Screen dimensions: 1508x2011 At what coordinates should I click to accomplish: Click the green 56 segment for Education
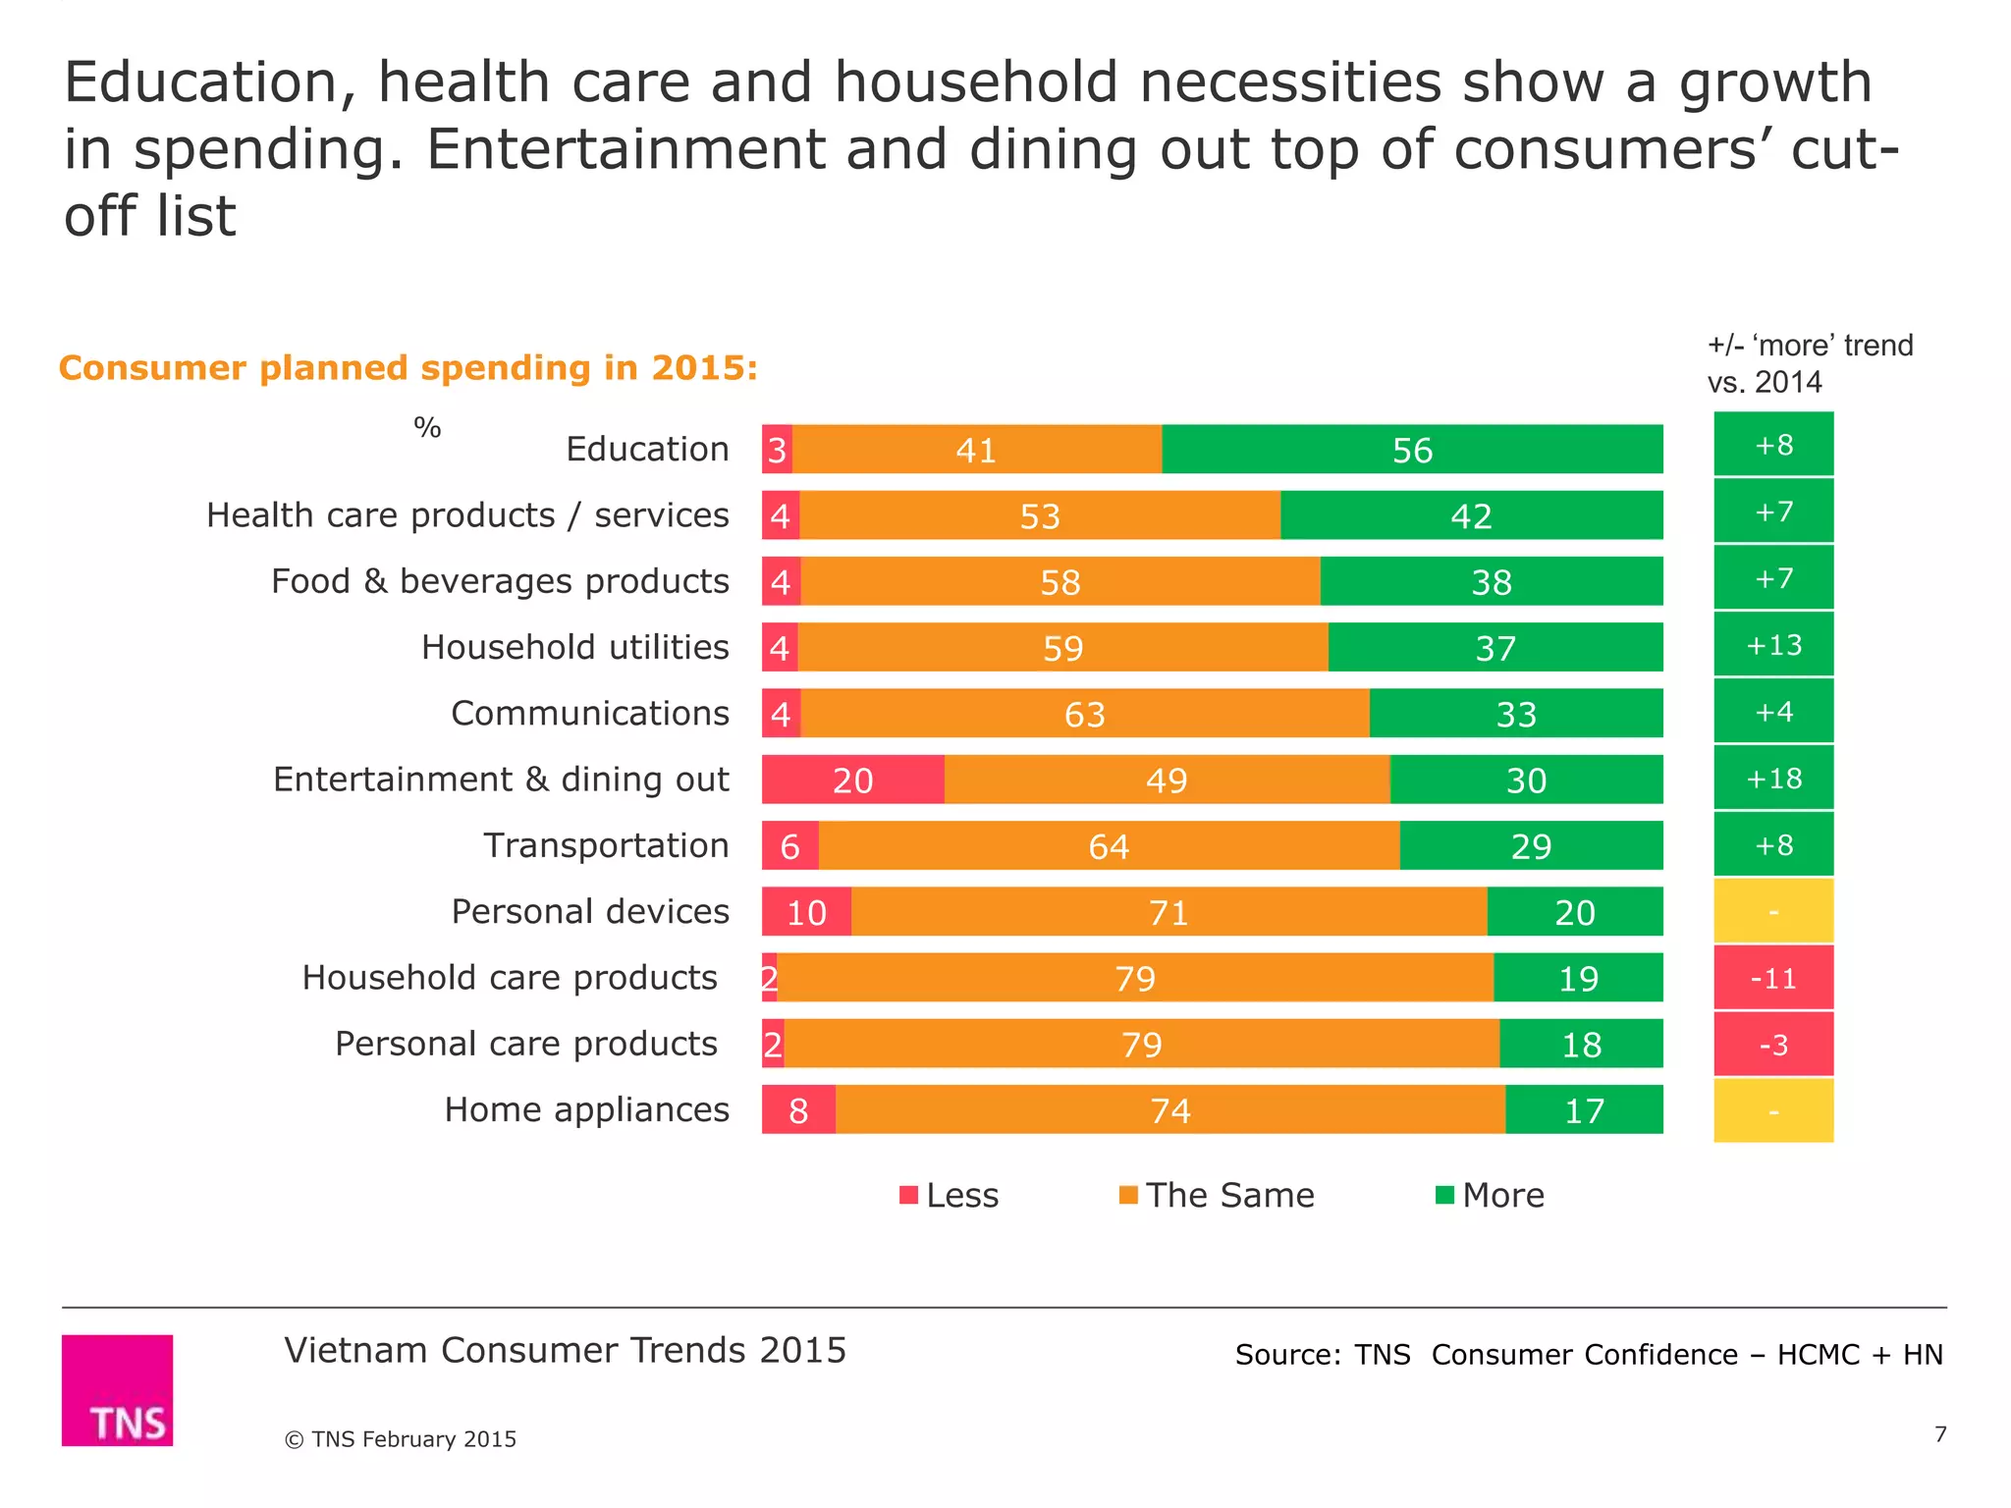[1412, 450]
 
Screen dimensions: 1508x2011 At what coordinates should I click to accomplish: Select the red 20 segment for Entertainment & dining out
[852, 780]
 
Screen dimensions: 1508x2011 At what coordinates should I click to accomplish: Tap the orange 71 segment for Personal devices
[1169, 912]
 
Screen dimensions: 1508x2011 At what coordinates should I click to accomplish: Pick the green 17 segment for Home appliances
[1584, 1110]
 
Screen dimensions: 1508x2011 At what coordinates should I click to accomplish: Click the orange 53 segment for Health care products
[1040, 515]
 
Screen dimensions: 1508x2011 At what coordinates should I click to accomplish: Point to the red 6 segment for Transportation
[789, 846]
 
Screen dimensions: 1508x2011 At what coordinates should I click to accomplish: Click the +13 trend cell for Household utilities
[1773, 645]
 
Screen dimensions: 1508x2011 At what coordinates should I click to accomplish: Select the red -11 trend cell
[1773, 978]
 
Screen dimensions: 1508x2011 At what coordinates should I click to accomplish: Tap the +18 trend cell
[1773, 779]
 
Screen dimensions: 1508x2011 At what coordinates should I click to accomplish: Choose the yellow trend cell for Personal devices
[1773, 912]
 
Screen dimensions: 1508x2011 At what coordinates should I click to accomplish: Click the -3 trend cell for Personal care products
[1773, 1045]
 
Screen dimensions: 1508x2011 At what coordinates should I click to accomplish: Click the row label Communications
[589, 713]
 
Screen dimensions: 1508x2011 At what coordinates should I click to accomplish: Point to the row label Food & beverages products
[500, 581]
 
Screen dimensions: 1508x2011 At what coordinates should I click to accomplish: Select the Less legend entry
[950, 1195]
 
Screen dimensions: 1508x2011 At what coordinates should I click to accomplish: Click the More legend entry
[1490, 1195]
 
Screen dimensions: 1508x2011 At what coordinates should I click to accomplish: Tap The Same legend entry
[1217, 1195]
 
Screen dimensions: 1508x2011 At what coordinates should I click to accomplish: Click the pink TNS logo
[118, 1390]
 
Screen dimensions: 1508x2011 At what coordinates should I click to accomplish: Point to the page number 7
[1940, 1434]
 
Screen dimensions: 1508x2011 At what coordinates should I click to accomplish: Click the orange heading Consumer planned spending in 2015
[408, 368]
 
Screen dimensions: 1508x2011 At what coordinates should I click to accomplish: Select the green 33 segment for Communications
[1516, 714]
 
